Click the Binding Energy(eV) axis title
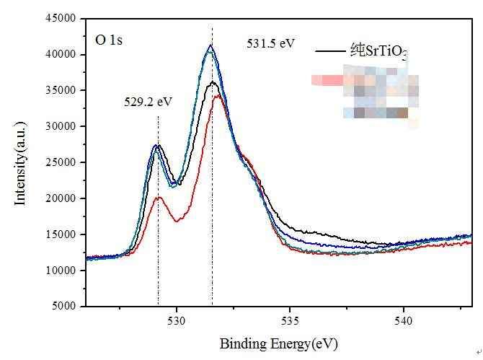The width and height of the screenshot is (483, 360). coord(278,343)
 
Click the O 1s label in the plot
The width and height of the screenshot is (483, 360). coord(109,40)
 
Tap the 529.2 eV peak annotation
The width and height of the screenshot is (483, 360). coord(148,102)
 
